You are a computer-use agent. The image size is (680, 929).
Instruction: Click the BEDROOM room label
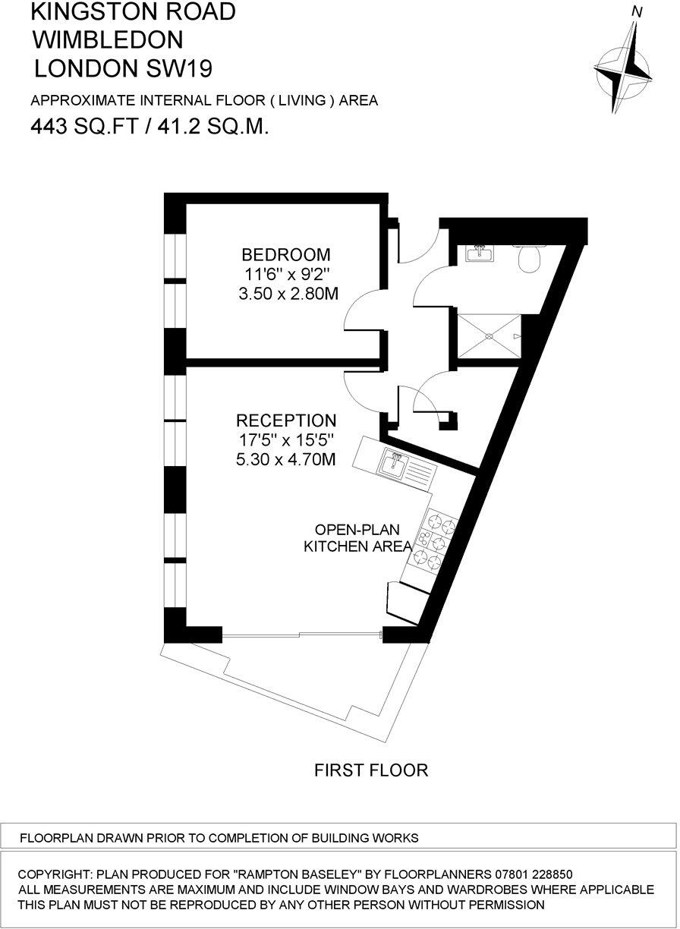pos(286,254)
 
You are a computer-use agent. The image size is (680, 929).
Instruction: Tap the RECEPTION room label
pos(286,420)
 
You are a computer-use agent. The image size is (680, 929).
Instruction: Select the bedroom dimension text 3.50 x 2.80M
pos(286,293)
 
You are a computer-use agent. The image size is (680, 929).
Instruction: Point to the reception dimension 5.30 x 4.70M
pos(286,459)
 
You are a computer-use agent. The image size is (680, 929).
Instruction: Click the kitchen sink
pos(395,463)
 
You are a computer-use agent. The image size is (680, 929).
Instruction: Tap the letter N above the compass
pos(637,11)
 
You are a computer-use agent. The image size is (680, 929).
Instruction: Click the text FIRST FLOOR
pos(371,771)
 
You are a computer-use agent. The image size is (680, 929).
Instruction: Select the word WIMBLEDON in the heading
pos(108,39)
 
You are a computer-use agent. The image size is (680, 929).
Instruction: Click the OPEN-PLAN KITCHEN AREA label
pos(357,537)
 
